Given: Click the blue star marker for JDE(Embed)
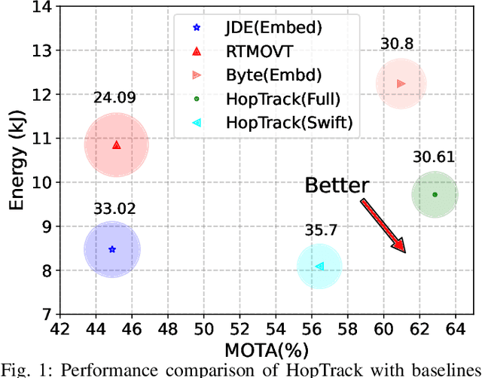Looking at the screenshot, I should tap(112, 249).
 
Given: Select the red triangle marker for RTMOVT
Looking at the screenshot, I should tap(116, 144).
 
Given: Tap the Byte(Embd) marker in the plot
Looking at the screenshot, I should tap(401, 84).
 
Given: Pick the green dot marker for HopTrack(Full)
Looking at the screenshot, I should tap(435, 194).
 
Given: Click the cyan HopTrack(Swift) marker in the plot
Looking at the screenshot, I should tap(319, 266).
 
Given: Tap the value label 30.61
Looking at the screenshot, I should tap(434, 157).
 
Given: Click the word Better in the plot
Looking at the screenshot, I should tap(337, 185).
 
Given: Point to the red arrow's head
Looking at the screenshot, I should tap(403, 249).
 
